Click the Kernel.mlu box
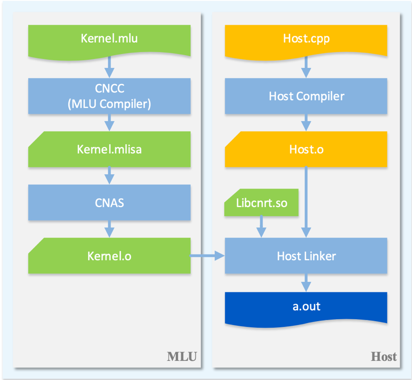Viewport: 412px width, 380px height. [x=109, y=38]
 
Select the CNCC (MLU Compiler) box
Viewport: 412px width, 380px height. [x=109, y=96]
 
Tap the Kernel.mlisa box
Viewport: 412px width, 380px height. [x=109, y=150]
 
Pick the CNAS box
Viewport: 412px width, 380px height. [x=109, y=203]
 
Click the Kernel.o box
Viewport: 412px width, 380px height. [x=109, y=256]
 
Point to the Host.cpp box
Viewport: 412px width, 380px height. [x=306, y=38]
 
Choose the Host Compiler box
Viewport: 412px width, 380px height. [x=306, y=96]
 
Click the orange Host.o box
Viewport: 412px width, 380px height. [x=306, y=150]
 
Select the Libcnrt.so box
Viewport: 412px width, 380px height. [x=262, y=203]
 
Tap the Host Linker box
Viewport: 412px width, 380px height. [x=306, y=256]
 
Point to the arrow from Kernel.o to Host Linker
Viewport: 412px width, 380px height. [x=207, y=256]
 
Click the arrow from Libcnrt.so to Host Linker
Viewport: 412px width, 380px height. [x=261, y=226]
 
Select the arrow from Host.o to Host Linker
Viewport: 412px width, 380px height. [x=306, y=201]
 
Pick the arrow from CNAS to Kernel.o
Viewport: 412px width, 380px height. [x=109, y=229]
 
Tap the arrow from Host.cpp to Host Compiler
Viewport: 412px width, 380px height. [x=306, y=68]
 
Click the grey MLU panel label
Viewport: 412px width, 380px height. [x=182, y=357]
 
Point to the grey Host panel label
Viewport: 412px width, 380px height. [x=384, y=357]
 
